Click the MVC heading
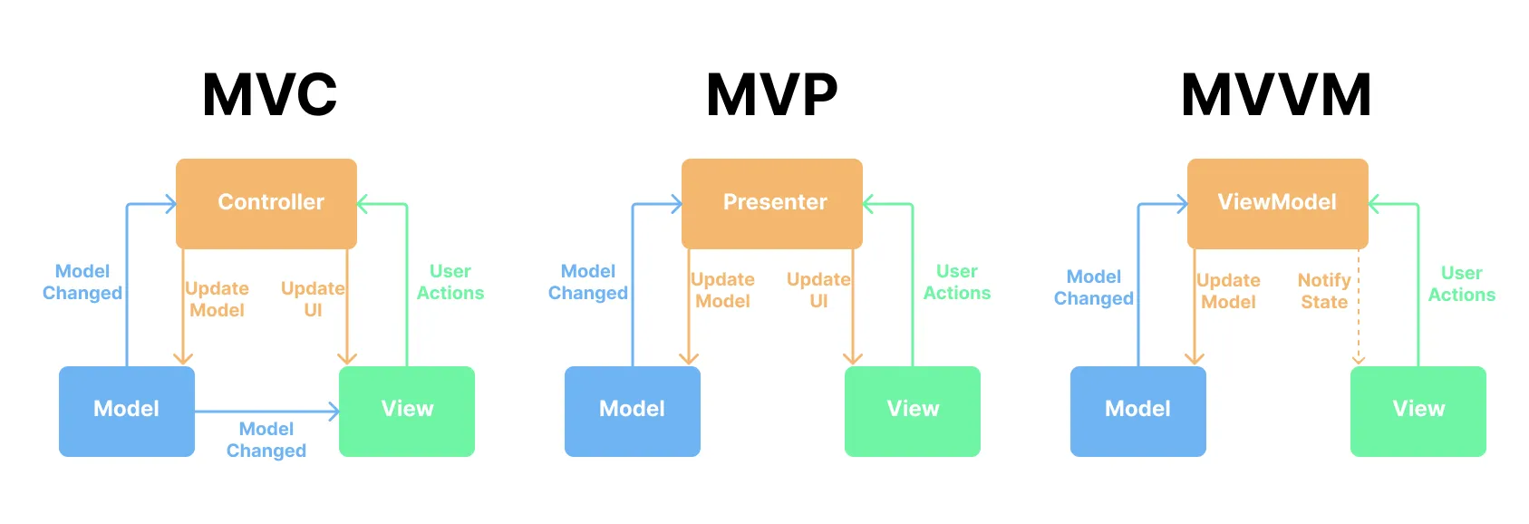(x=269, y=95)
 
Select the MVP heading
(x=772, y=95)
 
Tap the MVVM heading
(x=1276, y=95)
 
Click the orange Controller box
(x=266, y=203)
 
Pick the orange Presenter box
(x=772, y=203)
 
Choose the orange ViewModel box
(x=1277, y=203)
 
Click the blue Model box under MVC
(x=127, y=411)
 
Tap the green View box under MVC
(x=407, y=411)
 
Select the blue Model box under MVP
(x=633, y=411)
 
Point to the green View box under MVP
(x=913, y=411)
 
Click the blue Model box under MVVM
(x=1138, y=411)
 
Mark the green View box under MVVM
(x=1418, y=411)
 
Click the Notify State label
(x=1324, y=291)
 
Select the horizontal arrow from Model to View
(x=266, y=412)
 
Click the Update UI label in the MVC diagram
(x=313, y=299)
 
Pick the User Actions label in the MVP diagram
(x=957, y=282)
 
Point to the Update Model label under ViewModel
(x=1228, y=291)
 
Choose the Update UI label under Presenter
(x=818, y=290)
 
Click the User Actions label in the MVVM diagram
(x=1461, y=284)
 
